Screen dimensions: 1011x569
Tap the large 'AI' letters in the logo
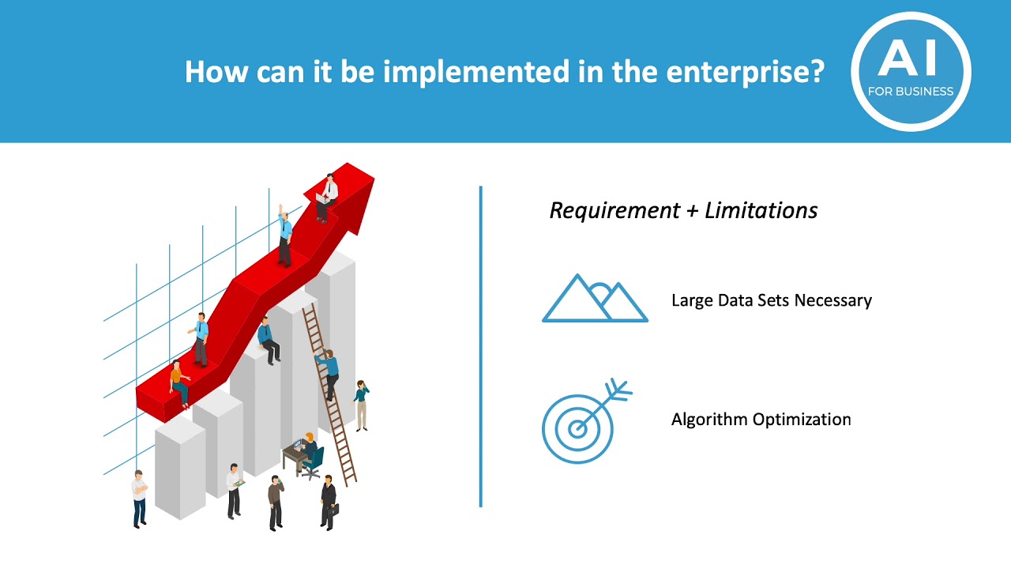(911, 59)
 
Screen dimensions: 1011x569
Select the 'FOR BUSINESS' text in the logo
(911, 91)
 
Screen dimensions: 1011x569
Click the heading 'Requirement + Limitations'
(683, 210)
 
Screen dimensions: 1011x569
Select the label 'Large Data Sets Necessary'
(771, 300)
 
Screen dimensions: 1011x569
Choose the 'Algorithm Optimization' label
(761, 419)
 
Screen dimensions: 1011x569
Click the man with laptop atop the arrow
(326, 198)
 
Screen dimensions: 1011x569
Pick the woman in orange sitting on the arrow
(179, 382)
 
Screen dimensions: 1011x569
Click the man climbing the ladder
(328, 371)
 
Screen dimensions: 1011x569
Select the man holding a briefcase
(328, 501)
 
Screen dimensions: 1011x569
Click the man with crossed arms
(140, 498)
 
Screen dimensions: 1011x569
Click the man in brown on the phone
(275, 502)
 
